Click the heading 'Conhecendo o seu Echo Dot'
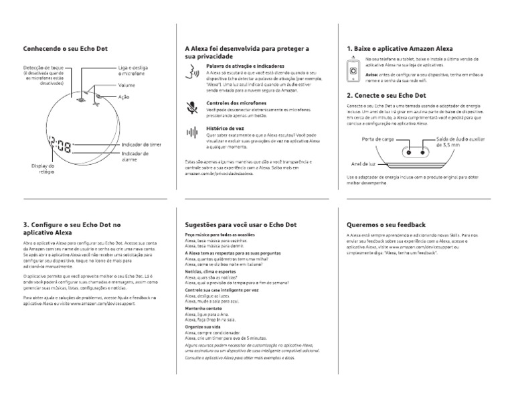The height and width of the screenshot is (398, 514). (66, 48)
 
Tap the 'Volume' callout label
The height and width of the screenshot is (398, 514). (127, 86)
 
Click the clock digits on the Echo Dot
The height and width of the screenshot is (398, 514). (61, 147)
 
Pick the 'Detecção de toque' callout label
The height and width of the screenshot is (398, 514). (43, 68)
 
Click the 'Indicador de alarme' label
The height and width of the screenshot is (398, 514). (135, 157)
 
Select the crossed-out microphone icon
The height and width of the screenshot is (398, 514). (193, 106)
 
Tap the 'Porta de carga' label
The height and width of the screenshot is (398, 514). (377, 140)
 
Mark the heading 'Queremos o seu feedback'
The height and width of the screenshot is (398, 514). (387, 225)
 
